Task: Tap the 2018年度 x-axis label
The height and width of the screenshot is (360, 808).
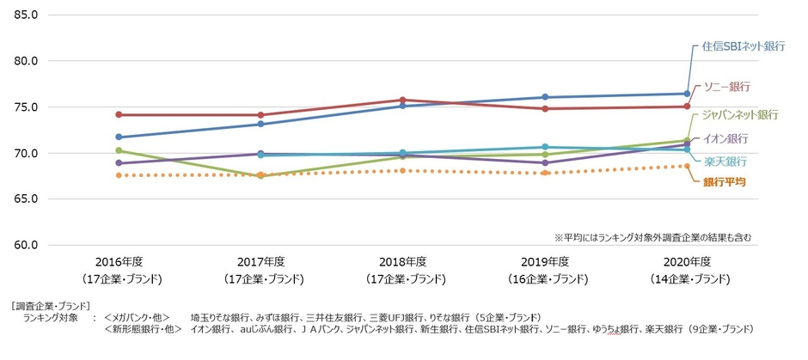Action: [403, 262]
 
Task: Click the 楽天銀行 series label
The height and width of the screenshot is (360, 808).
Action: [725, 162]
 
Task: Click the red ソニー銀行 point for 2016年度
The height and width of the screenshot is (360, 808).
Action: [119, 114]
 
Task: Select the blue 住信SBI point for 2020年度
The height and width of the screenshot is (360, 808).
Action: [687, 94]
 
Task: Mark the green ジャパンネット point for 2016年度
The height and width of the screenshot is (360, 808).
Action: [119, 150]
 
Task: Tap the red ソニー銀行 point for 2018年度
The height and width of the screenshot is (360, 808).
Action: [403, 100]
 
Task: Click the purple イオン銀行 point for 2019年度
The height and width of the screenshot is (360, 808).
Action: [545, 162]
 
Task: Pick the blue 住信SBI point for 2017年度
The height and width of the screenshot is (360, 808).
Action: [261, 124]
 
